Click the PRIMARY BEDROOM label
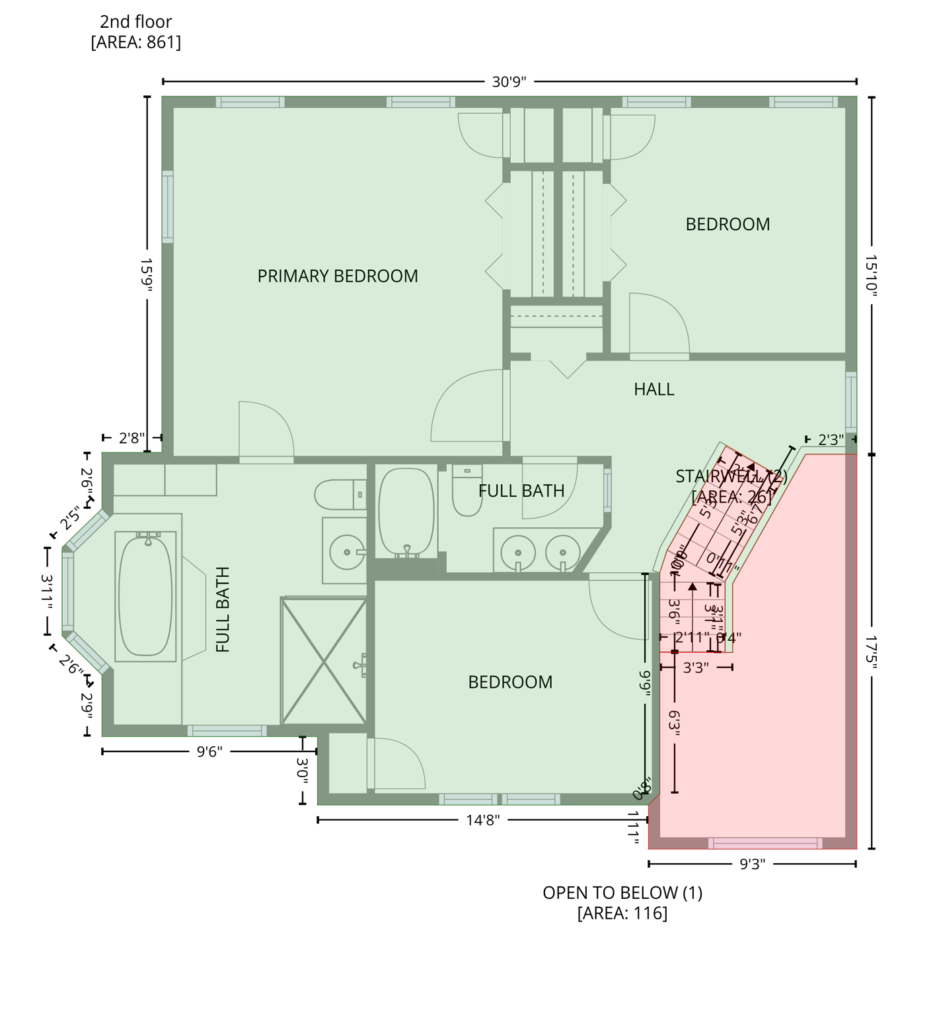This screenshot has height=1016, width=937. pos(337,276)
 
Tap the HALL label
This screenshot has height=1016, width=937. pos(654,389)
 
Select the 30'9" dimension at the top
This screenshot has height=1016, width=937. pos(509,82)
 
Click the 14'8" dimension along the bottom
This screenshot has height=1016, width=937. pos(482,820)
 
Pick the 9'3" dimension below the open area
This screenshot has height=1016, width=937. pos(752,864)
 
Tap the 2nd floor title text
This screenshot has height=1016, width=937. pos(135,22)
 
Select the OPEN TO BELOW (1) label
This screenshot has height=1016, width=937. pos(622,893)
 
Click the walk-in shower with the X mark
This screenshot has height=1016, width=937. pos(324,661)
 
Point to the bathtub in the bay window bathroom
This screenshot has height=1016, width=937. pos(145,596)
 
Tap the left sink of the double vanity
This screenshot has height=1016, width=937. pos(517,552)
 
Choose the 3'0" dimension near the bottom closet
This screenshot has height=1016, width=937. pos(303,771)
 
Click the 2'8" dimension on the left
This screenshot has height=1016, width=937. pos(131,438)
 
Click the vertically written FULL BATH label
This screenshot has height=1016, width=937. pos(223,610)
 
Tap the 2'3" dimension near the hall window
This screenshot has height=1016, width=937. pos(831,440)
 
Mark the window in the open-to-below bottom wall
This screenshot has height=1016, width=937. pos(765,843)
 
